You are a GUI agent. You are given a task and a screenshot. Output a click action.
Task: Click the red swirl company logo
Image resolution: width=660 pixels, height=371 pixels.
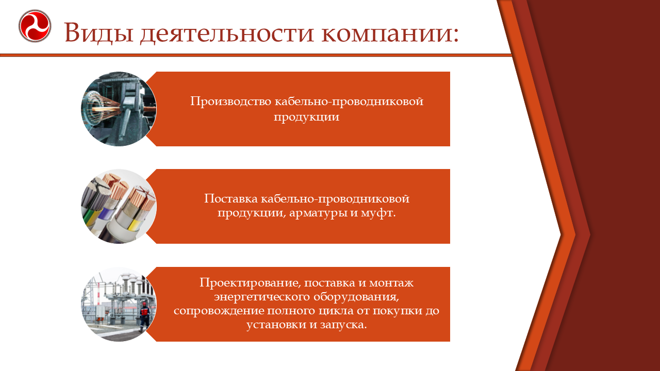pos(35,26)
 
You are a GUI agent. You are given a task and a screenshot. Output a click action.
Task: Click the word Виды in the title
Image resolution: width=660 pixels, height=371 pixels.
pos(98,33)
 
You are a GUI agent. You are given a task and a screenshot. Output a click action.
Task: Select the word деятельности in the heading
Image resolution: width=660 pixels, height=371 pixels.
pos(226,33)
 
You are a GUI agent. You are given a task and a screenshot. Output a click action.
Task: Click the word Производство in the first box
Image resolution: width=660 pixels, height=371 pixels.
pos(230,102)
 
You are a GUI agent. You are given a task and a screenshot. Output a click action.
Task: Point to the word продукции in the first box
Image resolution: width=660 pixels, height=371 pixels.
pos(306,117)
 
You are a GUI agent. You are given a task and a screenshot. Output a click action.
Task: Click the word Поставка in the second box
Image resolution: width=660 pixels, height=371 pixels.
pos(231,198)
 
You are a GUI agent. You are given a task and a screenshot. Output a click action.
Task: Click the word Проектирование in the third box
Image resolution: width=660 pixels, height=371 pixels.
pos(251,283)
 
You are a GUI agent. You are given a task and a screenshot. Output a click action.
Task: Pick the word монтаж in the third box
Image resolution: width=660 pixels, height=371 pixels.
pos(391,283)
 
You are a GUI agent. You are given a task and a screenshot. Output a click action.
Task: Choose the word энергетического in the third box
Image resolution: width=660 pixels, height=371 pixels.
pos(262,297)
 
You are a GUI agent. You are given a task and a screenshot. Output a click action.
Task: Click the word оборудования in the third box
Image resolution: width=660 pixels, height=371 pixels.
pos(356,297)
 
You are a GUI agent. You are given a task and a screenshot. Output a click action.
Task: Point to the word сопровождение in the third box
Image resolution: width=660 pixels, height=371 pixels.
pos(218,311)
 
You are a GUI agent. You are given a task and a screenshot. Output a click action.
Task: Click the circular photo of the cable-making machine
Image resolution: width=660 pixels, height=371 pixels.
pos(119,109)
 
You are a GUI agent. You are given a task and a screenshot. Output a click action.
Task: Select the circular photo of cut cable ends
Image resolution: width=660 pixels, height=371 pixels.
pos(119,207)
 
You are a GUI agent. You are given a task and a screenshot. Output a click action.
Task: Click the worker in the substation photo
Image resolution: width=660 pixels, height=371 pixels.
pos(144,316)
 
